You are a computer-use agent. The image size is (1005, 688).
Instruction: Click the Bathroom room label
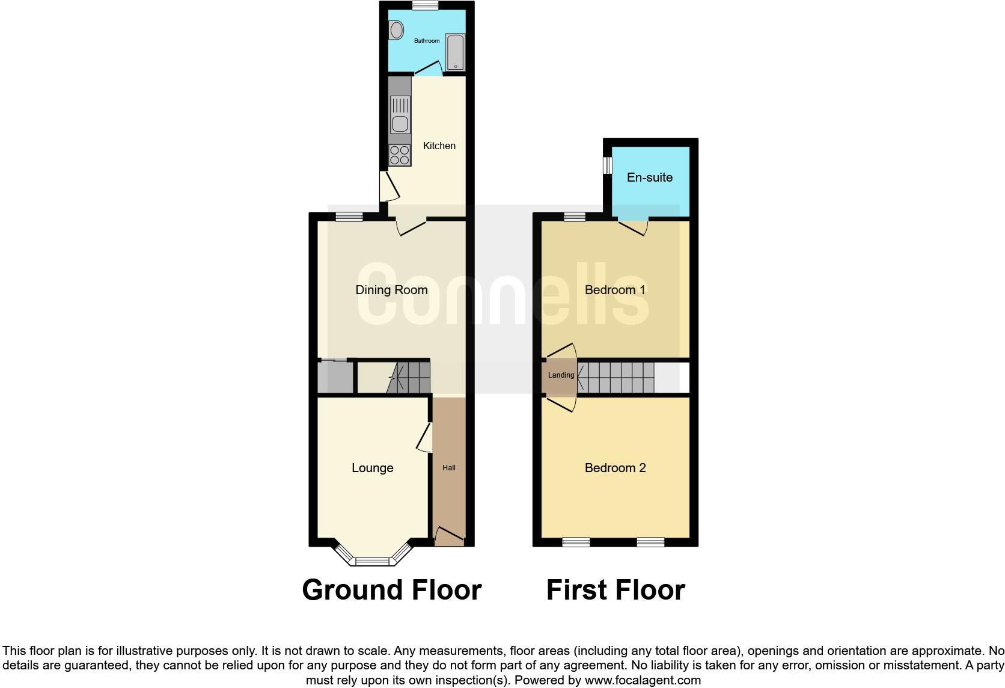[x=427, y=41]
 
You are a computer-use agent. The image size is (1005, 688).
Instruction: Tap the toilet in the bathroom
[x=396, y=29]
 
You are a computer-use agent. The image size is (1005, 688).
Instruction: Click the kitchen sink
[x=400, y=115]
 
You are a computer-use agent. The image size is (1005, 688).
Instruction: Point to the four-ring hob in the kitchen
[x=400, y=155]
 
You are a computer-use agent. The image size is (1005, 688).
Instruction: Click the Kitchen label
[x=439, y=146]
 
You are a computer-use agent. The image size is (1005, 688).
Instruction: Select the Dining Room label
[x=391, y=290]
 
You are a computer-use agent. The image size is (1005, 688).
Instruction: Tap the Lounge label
[x=373, y=468]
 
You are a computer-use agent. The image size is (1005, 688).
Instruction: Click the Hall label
[x=449, y=468]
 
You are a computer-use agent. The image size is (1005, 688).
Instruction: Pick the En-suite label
[x=650, y=177]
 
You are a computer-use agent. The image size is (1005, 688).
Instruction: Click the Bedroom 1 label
[x=615, y=290]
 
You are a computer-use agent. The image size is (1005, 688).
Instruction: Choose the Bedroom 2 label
[x=615, y=468]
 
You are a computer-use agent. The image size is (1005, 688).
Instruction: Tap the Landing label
[x=561, y=375]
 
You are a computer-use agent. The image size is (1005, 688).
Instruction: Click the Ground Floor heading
[x=392, y=590]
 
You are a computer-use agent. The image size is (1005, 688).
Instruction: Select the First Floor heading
[x=616, y=590]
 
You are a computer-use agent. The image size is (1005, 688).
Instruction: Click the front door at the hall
[x=449, y=537]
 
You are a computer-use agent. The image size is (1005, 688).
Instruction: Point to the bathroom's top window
[x=426, y=5]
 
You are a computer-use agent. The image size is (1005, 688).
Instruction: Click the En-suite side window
[x=608, y=165]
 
